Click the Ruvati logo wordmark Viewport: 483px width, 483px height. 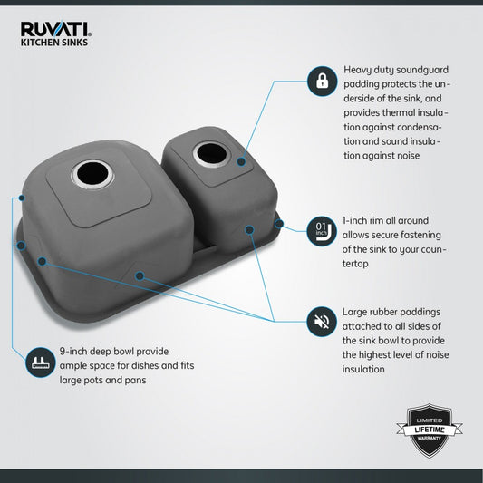tap(56, 29)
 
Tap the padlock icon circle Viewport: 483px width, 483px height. tap(323, 81)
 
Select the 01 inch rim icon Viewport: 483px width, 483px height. tap(322, 231)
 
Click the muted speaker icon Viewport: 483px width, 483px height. tap(322, 322)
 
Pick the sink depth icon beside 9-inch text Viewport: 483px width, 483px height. tap(41, 362)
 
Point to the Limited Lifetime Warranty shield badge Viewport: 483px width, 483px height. tap(430, 430)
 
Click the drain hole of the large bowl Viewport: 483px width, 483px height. tap(92, 174)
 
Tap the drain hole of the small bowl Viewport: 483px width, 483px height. tap(211, 154)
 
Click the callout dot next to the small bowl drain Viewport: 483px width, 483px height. tap(241, 161)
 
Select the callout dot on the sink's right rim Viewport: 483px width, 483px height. tap(279, 224)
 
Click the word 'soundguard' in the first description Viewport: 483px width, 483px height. tap(422, 70)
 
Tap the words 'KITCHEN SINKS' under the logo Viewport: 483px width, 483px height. tap(54, 43)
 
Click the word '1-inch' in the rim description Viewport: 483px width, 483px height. tap(355, 220)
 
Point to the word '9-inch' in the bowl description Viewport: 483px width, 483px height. tap(72, 352)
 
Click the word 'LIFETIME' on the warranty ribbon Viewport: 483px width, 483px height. tap(430, 430)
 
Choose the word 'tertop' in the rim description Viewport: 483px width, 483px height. tap(355, 264)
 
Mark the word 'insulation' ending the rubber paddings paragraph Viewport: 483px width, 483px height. tap(363, 369)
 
